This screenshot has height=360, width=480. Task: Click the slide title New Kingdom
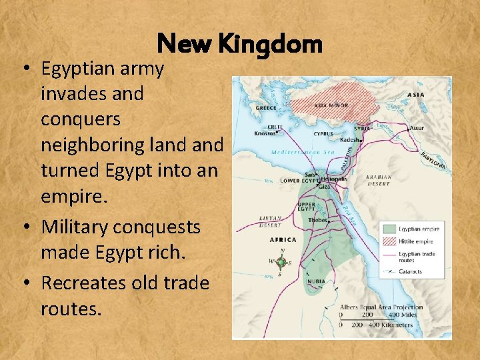point(239,44)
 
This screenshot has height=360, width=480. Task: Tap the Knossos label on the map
point(265,133)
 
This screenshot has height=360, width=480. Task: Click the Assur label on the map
point(417,127)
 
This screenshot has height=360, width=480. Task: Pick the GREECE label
point(266,107)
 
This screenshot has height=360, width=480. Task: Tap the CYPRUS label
point(323,133)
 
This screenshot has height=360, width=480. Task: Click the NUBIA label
point(316,282)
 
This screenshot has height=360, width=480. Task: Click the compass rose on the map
point(281,261)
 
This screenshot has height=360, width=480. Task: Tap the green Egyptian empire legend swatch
point(389,229)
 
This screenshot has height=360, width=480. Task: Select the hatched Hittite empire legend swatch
point(389,242)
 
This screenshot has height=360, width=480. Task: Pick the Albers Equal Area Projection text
point(381,307)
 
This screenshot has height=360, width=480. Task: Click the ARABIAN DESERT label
point(378,181)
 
